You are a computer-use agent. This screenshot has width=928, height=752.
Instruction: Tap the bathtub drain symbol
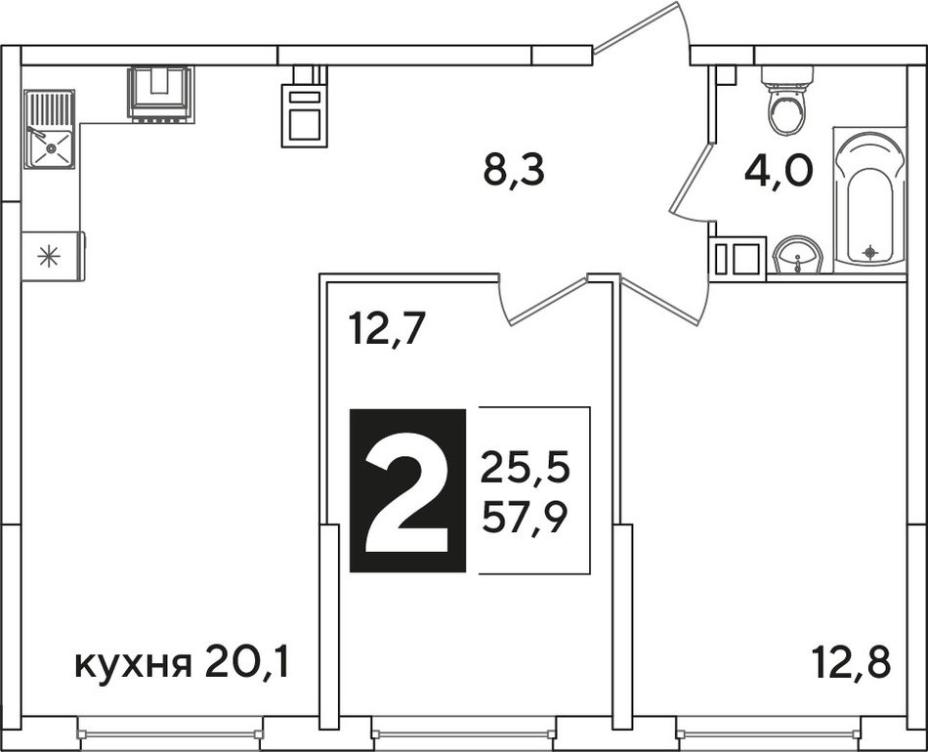[x=869, y=252]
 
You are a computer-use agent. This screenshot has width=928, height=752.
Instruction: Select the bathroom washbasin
[x=797, y=256]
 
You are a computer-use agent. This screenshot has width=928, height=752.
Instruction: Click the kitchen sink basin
[x=50, y=147]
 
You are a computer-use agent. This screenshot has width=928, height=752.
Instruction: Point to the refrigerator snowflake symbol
[x=49, y=257]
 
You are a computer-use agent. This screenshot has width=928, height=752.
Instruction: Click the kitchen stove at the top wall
[x=160, y=95]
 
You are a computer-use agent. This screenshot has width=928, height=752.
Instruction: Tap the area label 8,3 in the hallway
[x=513, y=170]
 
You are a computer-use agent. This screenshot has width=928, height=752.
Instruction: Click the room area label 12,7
[x=388, y=329]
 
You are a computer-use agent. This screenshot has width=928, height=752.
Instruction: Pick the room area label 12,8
[x=851, y=662]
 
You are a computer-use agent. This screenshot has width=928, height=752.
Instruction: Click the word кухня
[x=134, y=667]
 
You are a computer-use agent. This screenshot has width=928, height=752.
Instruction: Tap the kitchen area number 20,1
[x=247, y=663]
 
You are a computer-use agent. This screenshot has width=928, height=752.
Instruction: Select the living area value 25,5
[x=525, y=468]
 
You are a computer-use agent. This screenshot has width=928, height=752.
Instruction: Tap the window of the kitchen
[x=170, y=733]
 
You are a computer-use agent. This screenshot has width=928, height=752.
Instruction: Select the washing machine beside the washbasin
[x=738, y=257]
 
